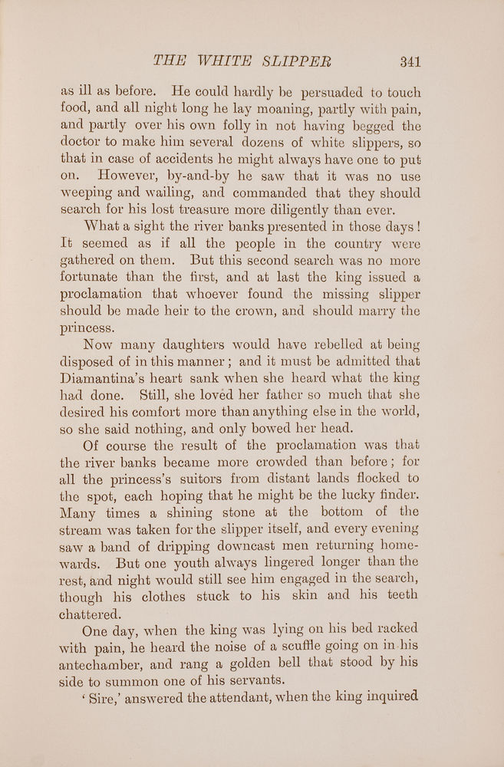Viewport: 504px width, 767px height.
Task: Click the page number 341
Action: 405,62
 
